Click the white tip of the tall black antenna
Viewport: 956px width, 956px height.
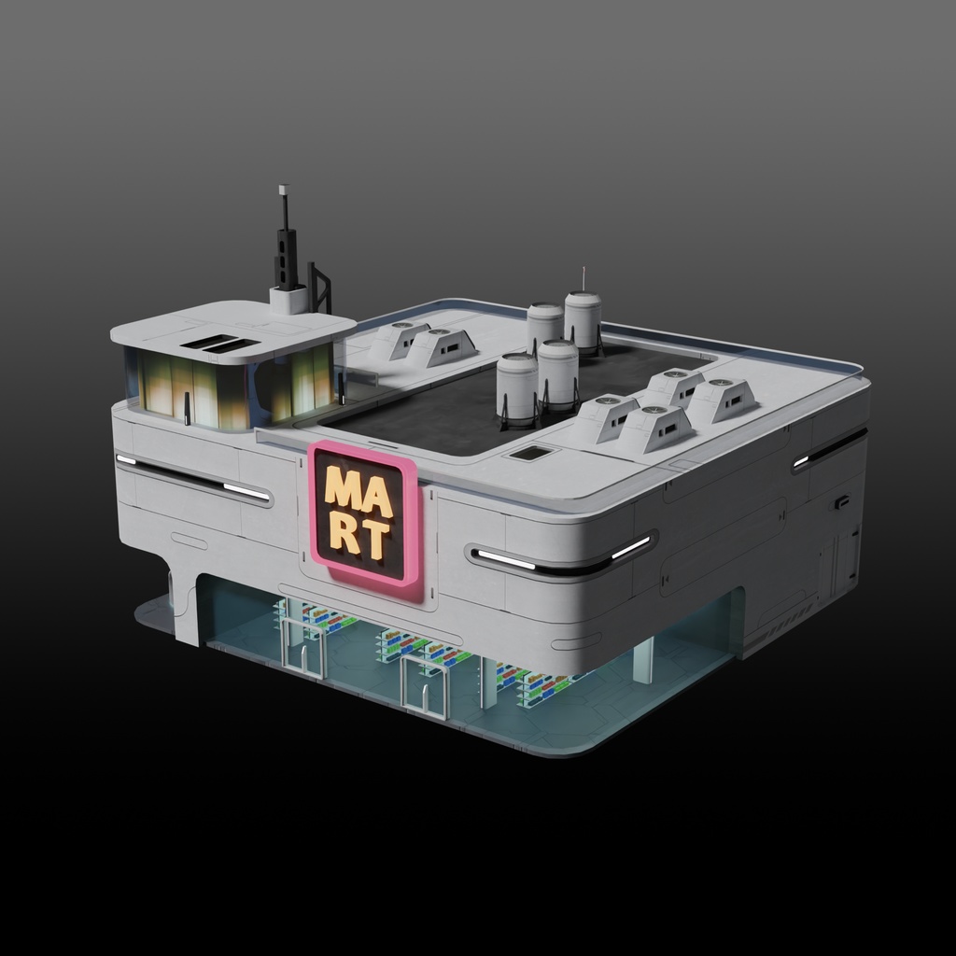coord(283,190)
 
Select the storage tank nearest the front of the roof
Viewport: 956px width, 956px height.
coord(516,387)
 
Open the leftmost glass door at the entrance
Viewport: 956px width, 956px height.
coord(304,646)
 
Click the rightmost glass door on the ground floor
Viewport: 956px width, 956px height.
coord(425,687)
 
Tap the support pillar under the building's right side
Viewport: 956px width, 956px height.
coord(643,661)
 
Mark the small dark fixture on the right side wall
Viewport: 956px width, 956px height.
coord(841,502)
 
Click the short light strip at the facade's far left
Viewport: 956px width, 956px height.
coord(125,459)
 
